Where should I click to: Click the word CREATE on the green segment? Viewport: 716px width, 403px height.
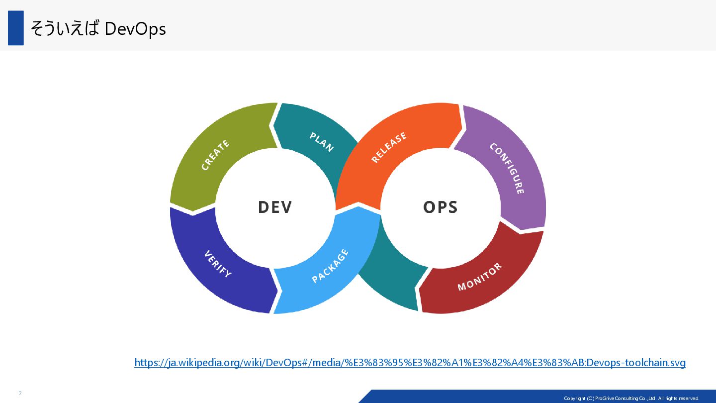point(216,155)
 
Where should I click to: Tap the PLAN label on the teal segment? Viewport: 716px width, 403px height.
point(321,142)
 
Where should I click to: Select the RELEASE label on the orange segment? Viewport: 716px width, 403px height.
point(389,147)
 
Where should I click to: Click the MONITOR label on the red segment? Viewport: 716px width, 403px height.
point(479,277)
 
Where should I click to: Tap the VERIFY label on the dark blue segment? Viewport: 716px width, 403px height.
point(218,264)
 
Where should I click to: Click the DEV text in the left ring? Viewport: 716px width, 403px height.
point(275,207)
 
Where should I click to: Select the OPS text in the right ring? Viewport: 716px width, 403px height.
point(440,207)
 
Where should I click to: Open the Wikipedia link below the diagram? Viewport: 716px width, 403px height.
point(410,363)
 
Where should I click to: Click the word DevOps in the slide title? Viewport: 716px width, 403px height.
point(135,29)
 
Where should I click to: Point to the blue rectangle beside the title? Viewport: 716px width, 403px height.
point(16,28)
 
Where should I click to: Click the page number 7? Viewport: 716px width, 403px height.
point(20,394)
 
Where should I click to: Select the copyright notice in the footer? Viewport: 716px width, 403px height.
point(631,398)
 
